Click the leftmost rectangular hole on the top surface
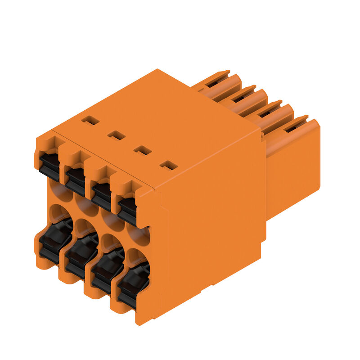[x=90, y=120]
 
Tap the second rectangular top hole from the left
[x=116, y=135]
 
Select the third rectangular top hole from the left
[x=143, y=150]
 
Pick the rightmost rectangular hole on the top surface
[x=169, y=166]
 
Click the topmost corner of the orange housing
[x=157, y=69]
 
